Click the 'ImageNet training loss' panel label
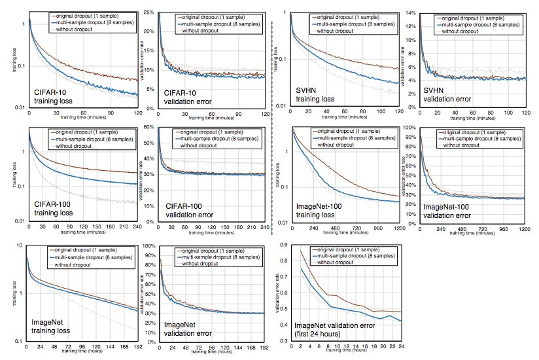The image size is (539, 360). point(56,328)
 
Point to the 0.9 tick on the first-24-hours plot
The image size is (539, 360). point(282,243)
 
